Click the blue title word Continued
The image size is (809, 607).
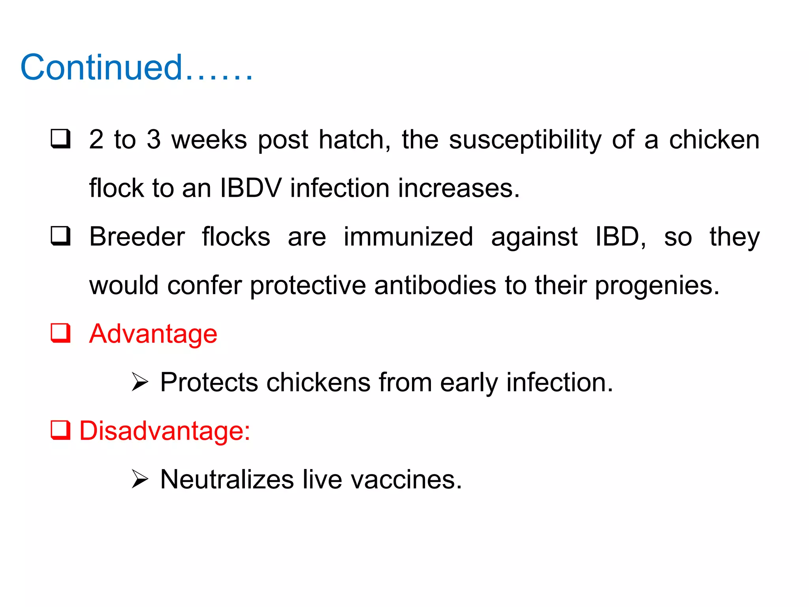[102, 68]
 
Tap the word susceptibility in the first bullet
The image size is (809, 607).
[525, 141]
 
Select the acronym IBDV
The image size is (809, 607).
[251, 188]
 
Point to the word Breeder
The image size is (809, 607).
[137, 237]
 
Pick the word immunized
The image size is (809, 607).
[408, 237]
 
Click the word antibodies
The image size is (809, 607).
[435, 286]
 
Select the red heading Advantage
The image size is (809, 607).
[153, 334]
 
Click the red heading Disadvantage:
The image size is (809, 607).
[165, 431]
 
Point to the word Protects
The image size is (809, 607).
[209, 383]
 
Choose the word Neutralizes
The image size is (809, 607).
[227, 480]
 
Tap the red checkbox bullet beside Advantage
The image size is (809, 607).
[60, 333]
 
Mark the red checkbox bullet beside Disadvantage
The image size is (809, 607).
[60, 430]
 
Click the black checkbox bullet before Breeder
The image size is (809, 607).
[60, 236]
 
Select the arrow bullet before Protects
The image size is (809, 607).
[139, 382]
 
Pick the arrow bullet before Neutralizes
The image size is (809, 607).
[139, 479]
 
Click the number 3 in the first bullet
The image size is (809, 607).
[154, 140]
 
